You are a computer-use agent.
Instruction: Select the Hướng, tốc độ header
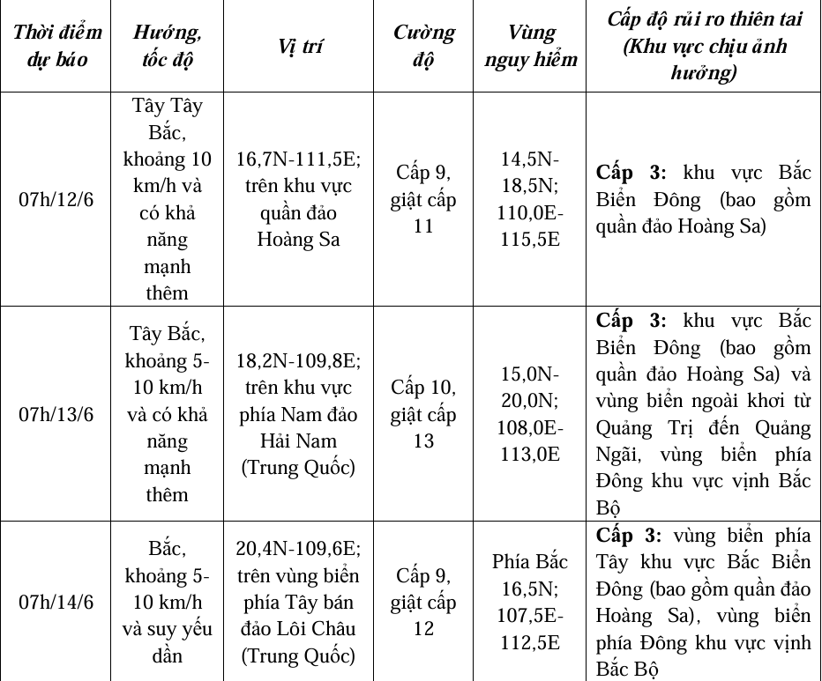(167, 47)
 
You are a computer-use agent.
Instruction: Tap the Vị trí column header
(298, 47)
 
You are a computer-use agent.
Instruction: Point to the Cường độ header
(423, 47)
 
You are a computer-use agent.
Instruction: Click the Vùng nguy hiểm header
(530, 47)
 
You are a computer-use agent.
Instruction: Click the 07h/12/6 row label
(56, 199)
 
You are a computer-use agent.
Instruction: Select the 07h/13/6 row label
(56, 413)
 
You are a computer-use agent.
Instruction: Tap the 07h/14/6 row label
(56, 602)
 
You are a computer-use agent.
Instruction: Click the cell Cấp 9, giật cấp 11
(423, 199)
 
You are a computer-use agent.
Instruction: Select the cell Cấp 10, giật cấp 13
(423, 413)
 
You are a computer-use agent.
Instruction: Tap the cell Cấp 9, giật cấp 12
(423, 602)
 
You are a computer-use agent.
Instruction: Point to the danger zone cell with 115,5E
(530, 199)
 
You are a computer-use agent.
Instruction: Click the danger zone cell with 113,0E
(530, 413)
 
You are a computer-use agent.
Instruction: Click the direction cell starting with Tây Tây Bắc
(167, 199)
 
